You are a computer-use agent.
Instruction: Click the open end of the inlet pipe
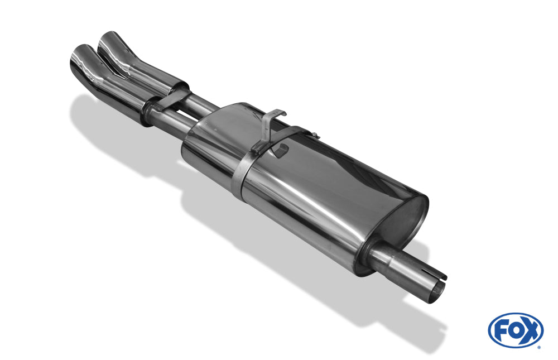pos(436,291)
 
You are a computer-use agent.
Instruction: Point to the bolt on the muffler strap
pos(315,135)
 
